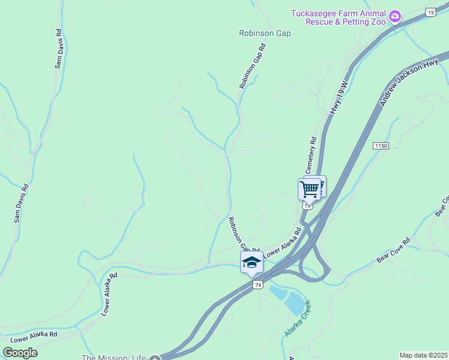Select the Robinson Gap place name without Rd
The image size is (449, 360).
[265, 34]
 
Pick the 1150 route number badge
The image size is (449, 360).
[381, 146]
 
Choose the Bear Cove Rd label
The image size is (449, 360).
[393, 250]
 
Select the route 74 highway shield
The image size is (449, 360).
[258, 284]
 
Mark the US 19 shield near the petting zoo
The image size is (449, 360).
[431, 11]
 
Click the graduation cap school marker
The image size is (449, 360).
[252, 262]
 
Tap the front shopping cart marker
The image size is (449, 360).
[309, 189]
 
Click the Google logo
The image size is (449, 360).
[20, 352]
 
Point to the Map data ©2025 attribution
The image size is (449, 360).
[423, 355]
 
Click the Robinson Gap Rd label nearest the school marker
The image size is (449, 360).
[243, 235]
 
